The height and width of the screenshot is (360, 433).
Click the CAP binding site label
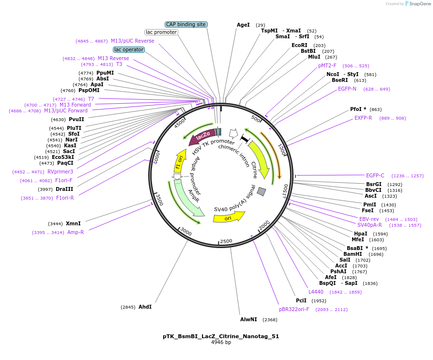coord(186,24)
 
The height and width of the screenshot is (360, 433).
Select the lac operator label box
coord(129,49)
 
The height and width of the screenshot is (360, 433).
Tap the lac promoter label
coord(161,32)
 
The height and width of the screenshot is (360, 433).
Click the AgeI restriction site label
coord(243,25)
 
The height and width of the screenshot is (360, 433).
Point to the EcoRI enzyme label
coord(299,45)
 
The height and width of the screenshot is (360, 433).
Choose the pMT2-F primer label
coord(327,65)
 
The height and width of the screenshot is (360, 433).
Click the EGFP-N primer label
coord(347,89)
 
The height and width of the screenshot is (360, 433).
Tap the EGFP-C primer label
coord(375,175)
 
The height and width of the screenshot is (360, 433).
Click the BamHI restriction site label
coord(353,254)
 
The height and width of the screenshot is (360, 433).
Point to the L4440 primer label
coord(316,292)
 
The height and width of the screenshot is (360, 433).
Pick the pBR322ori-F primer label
coord(294,309)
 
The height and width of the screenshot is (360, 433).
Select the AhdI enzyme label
coord(145,307)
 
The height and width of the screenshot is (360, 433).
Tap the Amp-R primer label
coord(75,232)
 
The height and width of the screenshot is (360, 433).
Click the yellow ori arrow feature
coord(228,218)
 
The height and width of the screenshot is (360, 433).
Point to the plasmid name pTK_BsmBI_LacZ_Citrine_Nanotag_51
coord(221,336)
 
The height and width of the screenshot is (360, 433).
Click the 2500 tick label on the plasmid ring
coord(226,241)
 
